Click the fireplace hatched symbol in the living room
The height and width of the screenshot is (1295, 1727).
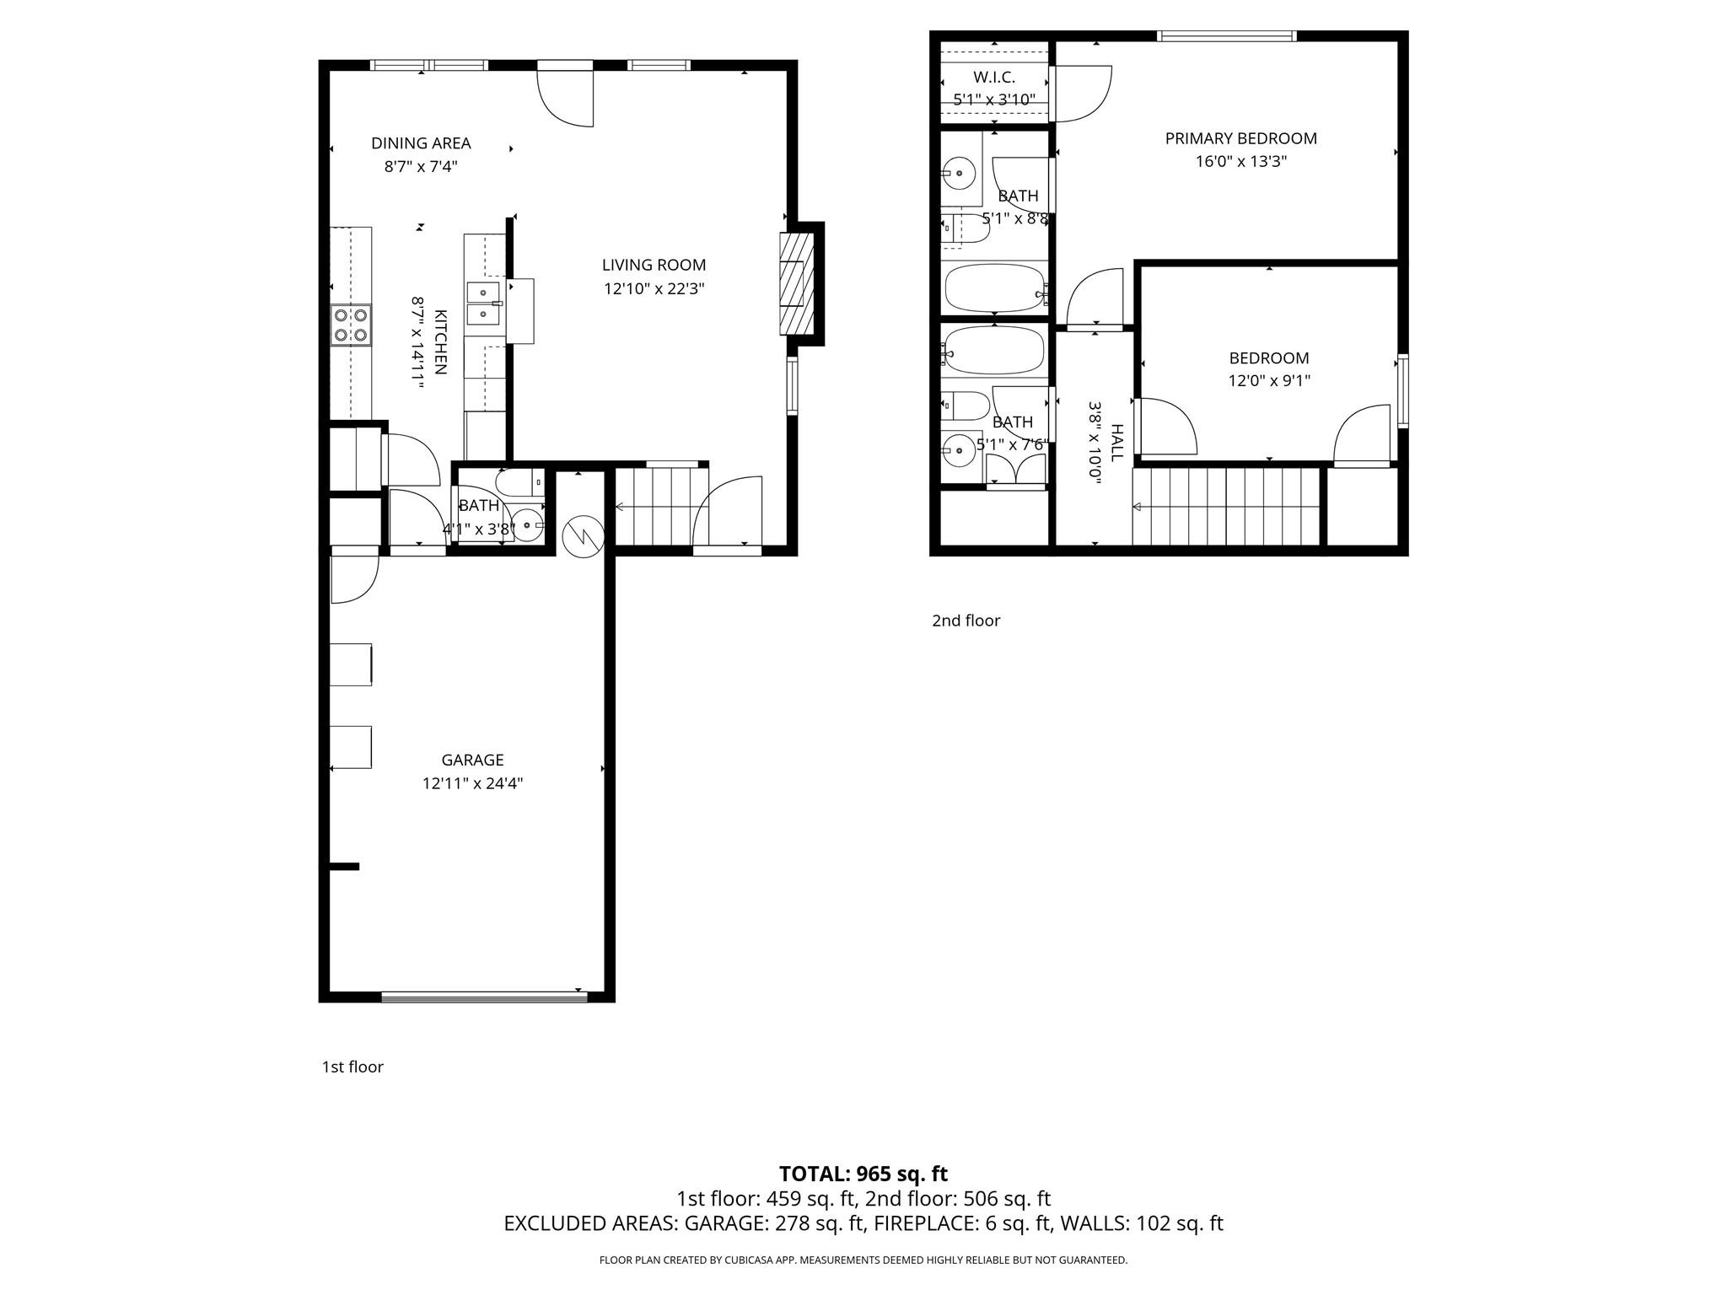pos(797,283)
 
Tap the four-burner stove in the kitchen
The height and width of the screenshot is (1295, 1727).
pos(351,325)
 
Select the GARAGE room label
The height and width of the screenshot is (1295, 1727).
pos(472,760)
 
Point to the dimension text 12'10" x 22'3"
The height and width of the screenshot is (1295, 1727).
pos(654,289)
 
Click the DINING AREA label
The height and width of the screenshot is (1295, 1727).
pos(421,143)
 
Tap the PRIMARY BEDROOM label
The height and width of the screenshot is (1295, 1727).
pos(1240,138)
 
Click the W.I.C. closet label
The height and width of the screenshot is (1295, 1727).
pos(993,78)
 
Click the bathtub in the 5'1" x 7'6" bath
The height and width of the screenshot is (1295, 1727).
pos(993,349)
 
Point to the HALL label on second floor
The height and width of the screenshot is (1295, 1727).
pos(1116,443)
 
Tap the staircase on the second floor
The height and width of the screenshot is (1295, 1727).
pos(1225,507)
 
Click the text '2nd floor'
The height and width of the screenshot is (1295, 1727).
pos(966,621)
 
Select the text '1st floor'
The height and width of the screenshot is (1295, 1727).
pos(352,1067)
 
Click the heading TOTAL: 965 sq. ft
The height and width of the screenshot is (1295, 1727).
pos(863,1174)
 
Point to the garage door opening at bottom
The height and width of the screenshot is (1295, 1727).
pos(484,997)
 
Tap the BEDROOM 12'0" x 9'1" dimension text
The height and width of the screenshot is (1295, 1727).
pos(1268,381)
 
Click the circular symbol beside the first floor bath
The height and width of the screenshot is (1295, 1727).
pos(584,536)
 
